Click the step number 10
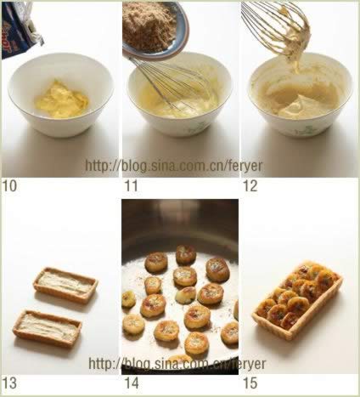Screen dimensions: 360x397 coord(9,186)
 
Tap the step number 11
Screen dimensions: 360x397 coord(132,186)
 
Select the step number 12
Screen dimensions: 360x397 coord(250,186)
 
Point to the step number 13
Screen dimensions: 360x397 coord(9,383)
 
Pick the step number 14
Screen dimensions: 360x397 coord(132,383)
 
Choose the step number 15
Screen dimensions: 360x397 coord(250,383)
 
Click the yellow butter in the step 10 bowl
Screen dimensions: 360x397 coord(62,99)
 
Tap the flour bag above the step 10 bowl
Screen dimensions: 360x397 coord(21,28)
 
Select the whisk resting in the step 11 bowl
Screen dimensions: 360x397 coord(170,83)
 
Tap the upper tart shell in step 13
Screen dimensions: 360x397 coord(66,285)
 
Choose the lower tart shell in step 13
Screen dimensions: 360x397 coord(48,328)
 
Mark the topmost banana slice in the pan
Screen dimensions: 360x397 coord(186,254)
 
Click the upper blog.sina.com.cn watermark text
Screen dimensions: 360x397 coord(174,166)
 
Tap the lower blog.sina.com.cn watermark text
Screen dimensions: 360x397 coord(177,363)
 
